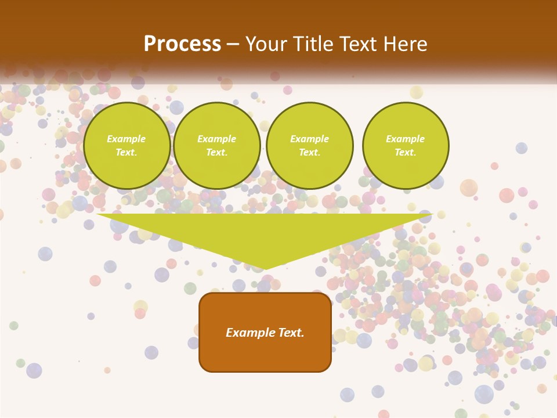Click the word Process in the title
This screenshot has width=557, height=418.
click(182, 44)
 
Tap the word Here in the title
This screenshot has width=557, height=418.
click(406, 44)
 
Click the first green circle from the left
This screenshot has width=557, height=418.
click(127, 146)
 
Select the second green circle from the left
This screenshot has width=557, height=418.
click(217, 146)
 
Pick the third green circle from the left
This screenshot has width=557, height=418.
click(310, 146)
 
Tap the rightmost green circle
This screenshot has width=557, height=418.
click(406, 146)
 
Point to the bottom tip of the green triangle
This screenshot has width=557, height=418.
click(265, 269)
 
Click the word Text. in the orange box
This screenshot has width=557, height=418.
click(291, 333)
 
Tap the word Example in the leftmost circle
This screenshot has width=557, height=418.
click(126, 139)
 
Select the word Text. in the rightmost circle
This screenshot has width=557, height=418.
click(406, 153)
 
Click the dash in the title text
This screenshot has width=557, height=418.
click(233, 45)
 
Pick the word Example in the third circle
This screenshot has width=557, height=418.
click(310, 139)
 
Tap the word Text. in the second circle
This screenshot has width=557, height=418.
click(217, 153)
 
